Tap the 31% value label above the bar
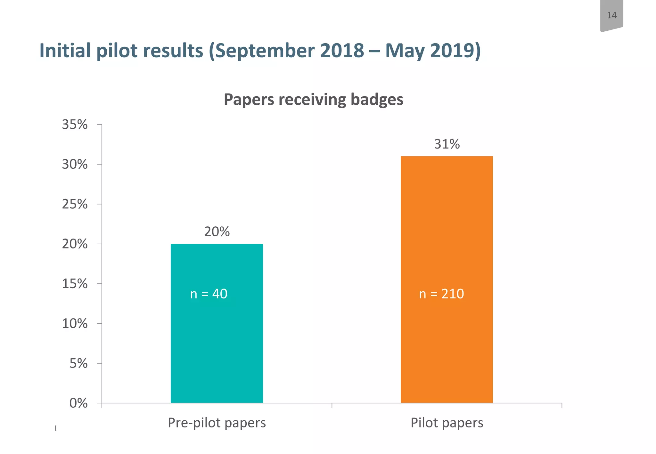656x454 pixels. [447, 144]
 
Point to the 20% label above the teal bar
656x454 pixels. [217, 232]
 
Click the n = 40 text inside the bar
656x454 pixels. [209, 294]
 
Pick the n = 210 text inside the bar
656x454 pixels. [441, 294]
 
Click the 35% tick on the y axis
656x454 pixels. [75, 125]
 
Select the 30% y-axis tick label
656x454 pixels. [75, 165]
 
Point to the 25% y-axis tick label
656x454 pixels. [75, 204]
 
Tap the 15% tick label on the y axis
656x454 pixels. [75, 284]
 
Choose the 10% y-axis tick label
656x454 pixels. [75, 324]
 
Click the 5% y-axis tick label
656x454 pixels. [78, 364]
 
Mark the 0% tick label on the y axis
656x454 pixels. [78, 403]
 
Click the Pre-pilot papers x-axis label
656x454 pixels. [217, 423]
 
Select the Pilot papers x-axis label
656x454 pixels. [447, 423]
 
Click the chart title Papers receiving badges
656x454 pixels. [313, 100]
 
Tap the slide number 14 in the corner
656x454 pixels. [611, 15]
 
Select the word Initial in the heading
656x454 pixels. [65, 51]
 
